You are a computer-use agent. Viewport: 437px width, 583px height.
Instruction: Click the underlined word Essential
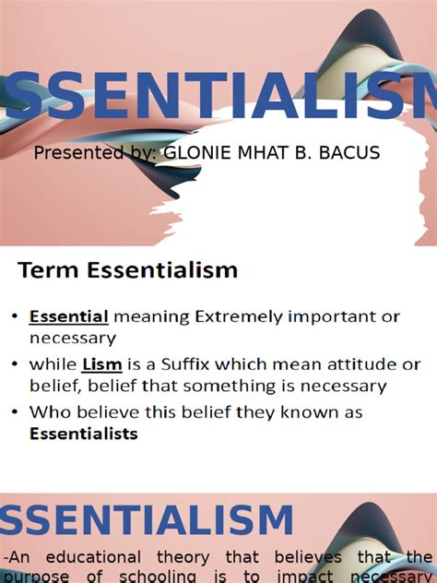tap(69, 316)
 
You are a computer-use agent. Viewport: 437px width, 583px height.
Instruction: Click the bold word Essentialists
tap(84, 433)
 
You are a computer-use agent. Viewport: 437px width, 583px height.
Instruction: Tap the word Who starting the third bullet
tap(49, 410)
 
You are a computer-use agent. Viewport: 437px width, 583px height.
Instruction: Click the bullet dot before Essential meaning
tap(16, 317)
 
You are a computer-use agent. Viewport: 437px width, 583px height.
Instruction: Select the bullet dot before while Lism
tap(16, 364)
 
